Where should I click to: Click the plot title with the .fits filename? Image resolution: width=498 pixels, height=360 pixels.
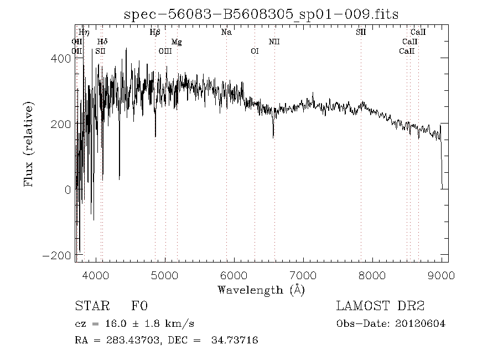261,15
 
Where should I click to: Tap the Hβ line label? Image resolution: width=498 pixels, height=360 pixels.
155,32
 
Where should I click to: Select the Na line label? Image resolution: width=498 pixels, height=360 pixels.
226,32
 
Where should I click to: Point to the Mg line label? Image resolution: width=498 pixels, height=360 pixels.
176,42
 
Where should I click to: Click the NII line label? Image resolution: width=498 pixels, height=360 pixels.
274,42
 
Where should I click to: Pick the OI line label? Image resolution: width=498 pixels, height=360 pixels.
255,51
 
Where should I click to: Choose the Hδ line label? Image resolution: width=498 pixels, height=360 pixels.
102,42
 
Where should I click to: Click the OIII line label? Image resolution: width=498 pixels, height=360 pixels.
165,51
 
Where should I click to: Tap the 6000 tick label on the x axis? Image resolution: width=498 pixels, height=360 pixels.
234,275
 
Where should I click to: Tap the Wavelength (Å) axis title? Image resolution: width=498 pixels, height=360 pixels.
261,290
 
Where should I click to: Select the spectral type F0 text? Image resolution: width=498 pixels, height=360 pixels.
139,306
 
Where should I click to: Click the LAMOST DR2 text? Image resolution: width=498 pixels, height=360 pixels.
380,306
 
